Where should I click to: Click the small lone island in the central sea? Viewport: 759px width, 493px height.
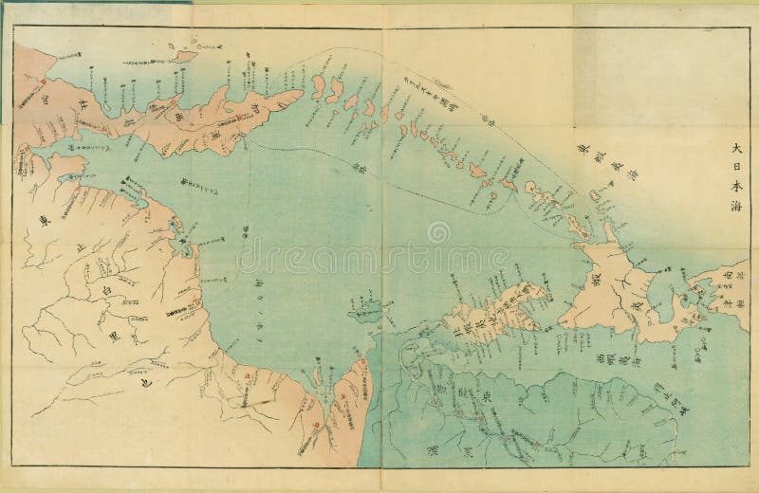coord(364,307)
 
